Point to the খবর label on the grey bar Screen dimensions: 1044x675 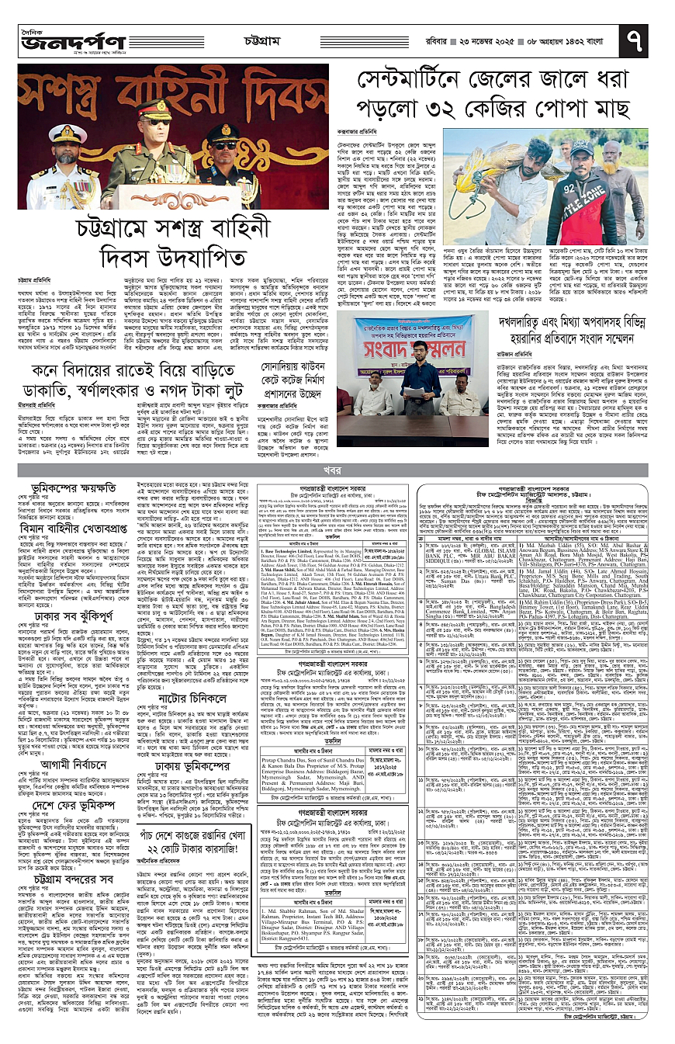(x=337, y=470)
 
